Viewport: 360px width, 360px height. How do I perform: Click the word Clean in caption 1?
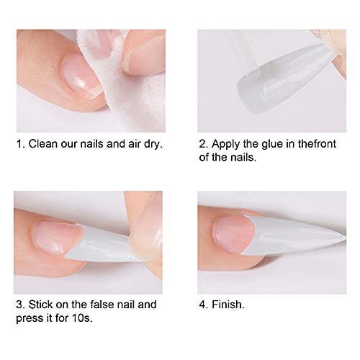[42, 144]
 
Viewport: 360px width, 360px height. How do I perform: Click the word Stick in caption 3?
[40, 305]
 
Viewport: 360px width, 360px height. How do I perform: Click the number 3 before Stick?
[19, 305]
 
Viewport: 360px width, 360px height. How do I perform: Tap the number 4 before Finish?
[202, 305]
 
